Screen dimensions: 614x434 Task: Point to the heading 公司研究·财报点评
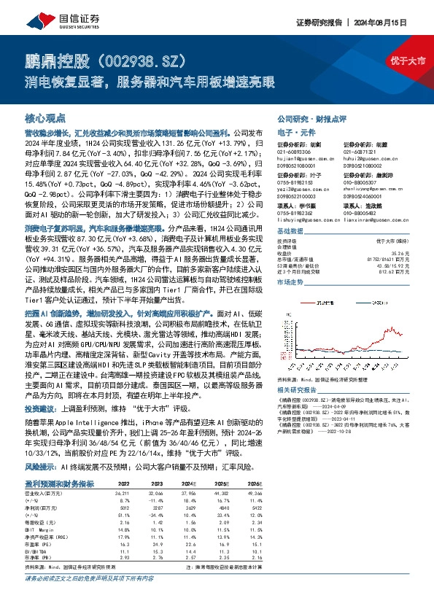311,117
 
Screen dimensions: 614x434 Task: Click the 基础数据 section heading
290,230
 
